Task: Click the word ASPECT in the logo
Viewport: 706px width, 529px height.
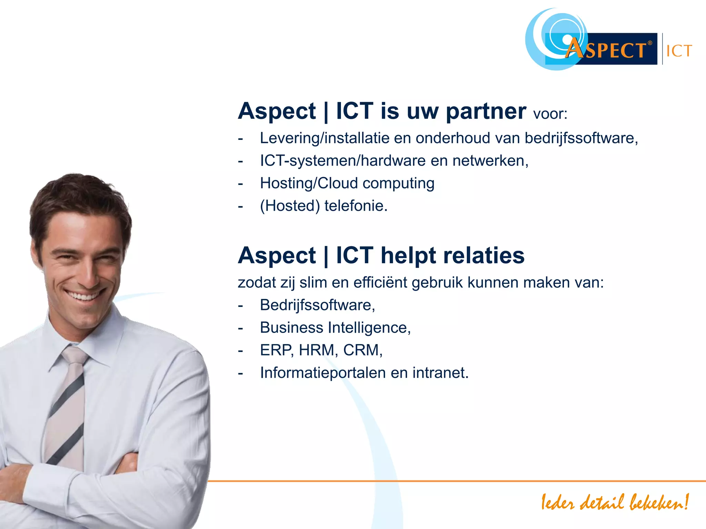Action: [x=607, y=50]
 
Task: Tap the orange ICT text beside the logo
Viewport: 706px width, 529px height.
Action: [x=679, y=51]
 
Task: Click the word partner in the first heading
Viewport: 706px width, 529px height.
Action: [x=486, y=112]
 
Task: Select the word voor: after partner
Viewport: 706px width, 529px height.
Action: [x=550, y=114]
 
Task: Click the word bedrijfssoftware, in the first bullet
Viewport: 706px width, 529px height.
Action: [x=581, y=138]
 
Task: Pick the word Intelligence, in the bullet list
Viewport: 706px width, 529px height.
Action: [x=369, y=328]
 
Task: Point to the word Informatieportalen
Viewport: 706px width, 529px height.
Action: [x=323, y=373]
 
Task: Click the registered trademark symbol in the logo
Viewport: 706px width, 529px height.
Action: [x=650, y=43]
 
